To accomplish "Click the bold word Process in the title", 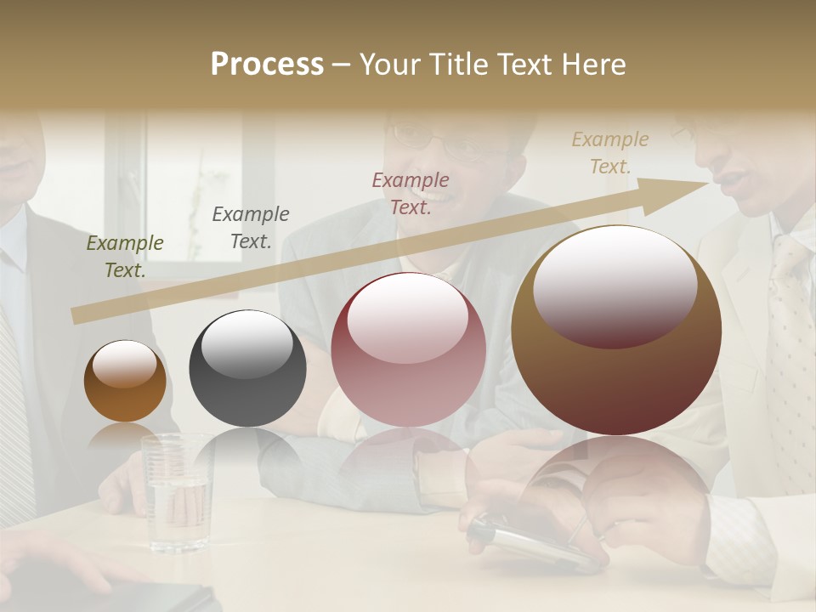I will (267, 65).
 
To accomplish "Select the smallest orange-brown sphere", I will (125, 381).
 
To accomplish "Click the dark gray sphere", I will (247, 368).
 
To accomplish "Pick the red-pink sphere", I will (408, 349).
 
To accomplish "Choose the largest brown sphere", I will (616, 330).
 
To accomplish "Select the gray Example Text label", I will (251, 228).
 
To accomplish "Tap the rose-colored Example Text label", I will (411, 193).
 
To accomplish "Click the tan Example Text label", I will (609, 153).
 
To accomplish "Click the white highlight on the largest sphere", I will (615, 285).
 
